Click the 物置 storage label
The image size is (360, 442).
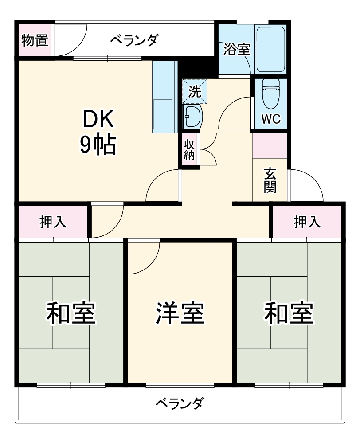[x=35, y=41]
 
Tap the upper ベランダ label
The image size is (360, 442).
[x=133, y=41]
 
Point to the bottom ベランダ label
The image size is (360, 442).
[x=180, y=404]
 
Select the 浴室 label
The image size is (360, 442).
[x=237, y=49]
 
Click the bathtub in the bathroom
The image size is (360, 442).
[x=270, y=49]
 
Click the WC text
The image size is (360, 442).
[x=270, y=120]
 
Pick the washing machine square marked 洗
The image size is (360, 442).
[x=195, y=92]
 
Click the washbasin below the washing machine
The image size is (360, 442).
[x=192, y=117]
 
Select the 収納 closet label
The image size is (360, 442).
[x=189, y=150]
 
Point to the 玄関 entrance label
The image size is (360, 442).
[x=270, y=181]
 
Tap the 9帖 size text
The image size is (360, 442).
[x=98, y=145]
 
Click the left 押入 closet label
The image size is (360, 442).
[x=53, y=222]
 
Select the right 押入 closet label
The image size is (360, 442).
[x=307, y=222]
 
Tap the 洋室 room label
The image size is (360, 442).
[x=180, y=313]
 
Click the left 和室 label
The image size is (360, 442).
[x=71, y=313]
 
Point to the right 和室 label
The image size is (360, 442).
[x=289, y=313]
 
